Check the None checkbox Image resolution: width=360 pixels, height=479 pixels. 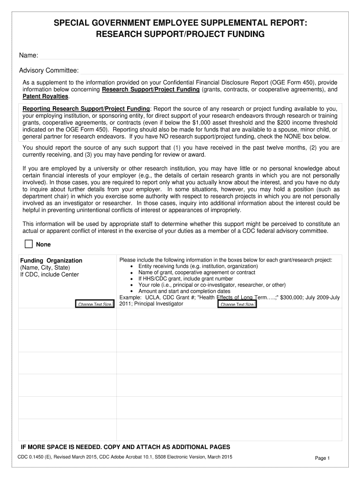click(29, 244)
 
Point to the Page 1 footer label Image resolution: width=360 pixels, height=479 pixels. click(323, 458)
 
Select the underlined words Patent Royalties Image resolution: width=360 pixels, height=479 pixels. click(46, 96)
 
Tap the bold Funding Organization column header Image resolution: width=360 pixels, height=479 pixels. click(51, 261)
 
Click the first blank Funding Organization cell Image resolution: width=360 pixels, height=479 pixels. click(67, 318)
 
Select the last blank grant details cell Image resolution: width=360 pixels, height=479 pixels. click(230, 430)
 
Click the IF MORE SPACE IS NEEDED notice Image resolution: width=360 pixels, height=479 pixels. click(125, 446)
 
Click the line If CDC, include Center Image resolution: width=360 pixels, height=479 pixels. click(50, 275)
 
